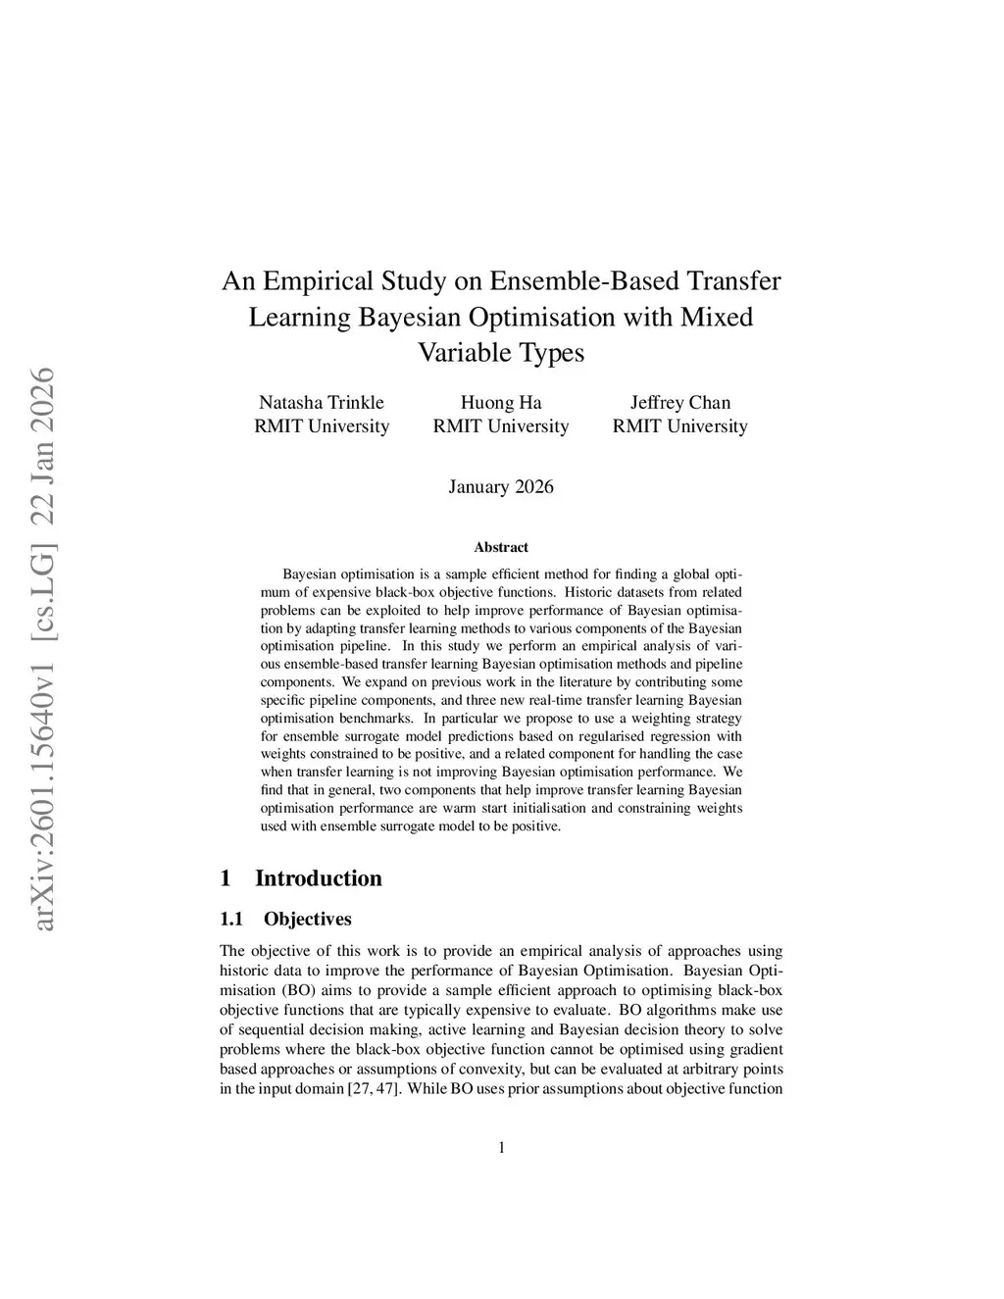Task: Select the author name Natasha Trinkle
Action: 321,403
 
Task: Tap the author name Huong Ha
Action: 500,403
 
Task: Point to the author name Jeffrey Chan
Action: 679,403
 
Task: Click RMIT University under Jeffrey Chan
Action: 679,426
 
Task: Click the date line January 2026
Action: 500,487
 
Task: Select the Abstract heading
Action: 500,547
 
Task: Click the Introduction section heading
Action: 318,878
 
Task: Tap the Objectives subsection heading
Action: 307,920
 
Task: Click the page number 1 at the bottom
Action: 502,1148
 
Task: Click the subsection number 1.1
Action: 231,920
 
